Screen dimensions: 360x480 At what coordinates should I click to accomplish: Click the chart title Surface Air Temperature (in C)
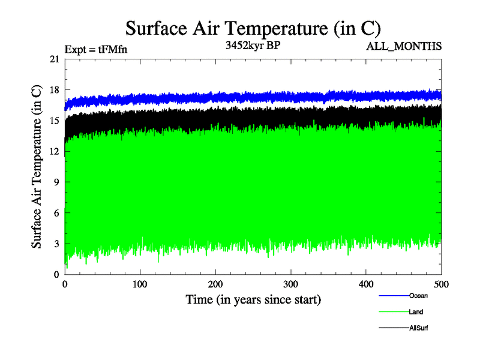[x=253, y=28]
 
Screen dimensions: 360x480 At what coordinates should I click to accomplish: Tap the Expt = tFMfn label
[x=95, y=50]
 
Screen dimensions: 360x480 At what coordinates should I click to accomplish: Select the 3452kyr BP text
[x=251, y=46]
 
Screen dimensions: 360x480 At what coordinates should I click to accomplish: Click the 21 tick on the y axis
[x=55, y=59]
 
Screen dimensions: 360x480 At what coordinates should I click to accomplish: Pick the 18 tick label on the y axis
[x=55, y=90]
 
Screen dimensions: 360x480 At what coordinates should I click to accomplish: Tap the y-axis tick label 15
[x=55, y=121]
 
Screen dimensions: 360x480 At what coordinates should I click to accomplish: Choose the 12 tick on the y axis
[x=55, y=151]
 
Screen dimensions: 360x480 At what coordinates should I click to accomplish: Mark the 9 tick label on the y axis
[x=56, y=182]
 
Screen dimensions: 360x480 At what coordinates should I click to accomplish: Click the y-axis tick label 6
[x=56, y=213]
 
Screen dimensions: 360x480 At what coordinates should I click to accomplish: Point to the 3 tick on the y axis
[x=56, y=244]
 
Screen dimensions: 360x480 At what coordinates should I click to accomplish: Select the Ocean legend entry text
[x=418, y=295]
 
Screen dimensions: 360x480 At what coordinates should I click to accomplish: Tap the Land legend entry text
[x=416, y=312]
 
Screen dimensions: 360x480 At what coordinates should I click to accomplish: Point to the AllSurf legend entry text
[x=418, y=328]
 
